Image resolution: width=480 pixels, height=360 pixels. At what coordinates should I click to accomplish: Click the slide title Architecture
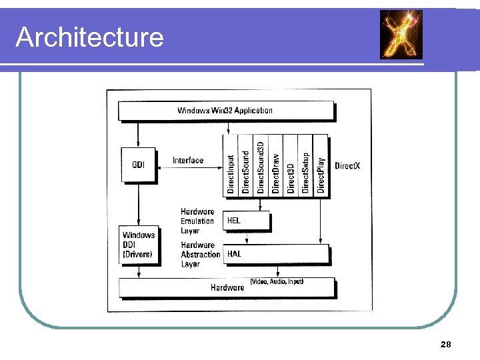[x=89, y=37]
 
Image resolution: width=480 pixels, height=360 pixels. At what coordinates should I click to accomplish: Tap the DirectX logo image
[x=401, y=35]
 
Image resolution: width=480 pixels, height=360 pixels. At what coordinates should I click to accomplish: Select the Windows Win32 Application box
[x=225, y=111]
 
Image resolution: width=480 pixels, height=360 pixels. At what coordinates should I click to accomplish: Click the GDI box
[x=138, y=165]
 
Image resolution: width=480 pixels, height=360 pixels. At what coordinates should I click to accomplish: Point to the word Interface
[x=188, y=161]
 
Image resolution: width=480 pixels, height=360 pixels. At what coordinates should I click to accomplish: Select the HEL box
[x=247, y=221]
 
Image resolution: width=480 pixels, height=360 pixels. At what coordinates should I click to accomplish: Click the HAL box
[x=277, y=254]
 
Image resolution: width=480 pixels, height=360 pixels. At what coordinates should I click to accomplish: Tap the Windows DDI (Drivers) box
[x=139, y=245]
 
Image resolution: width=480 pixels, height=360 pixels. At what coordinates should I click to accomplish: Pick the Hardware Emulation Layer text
[x=197, y=221]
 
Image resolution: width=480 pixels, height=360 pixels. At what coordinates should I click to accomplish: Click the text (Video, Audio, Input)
[x=277, y=282]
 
